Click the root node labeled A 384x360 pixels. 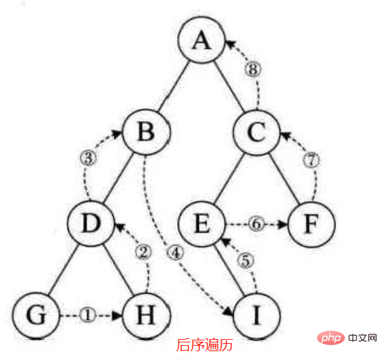(201, 40)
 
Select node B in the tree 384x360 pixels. (146, 132)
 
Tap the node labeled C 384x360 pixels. (256, 133)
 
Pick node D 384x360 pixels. (91, 223)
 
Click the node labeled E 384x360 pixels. (201, 223)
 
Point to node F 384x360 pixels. (312, 224)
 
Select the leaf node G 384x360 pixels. (36, 315)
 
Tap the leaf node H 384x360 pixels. (146, 315)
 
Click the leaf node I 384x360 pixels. (256, 316)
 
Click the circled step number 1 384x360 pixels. (87, 315)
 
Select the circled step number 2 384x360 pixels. (143, 252)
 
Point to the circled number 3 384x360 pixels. (88, 158)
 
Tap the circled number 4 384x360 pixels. (176, 253)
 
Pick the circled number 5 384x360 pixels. (245, 260)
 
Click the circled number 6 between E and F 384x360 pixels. (256, 224)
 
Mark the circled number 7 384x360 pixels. (311, 160)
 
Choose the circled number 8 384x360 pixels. (254, 69)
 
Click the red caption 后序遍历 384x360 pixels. (204, 345)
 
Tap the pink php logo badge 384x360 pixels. (331, 338)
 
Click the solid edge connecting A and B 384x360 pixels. (174, 86)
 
